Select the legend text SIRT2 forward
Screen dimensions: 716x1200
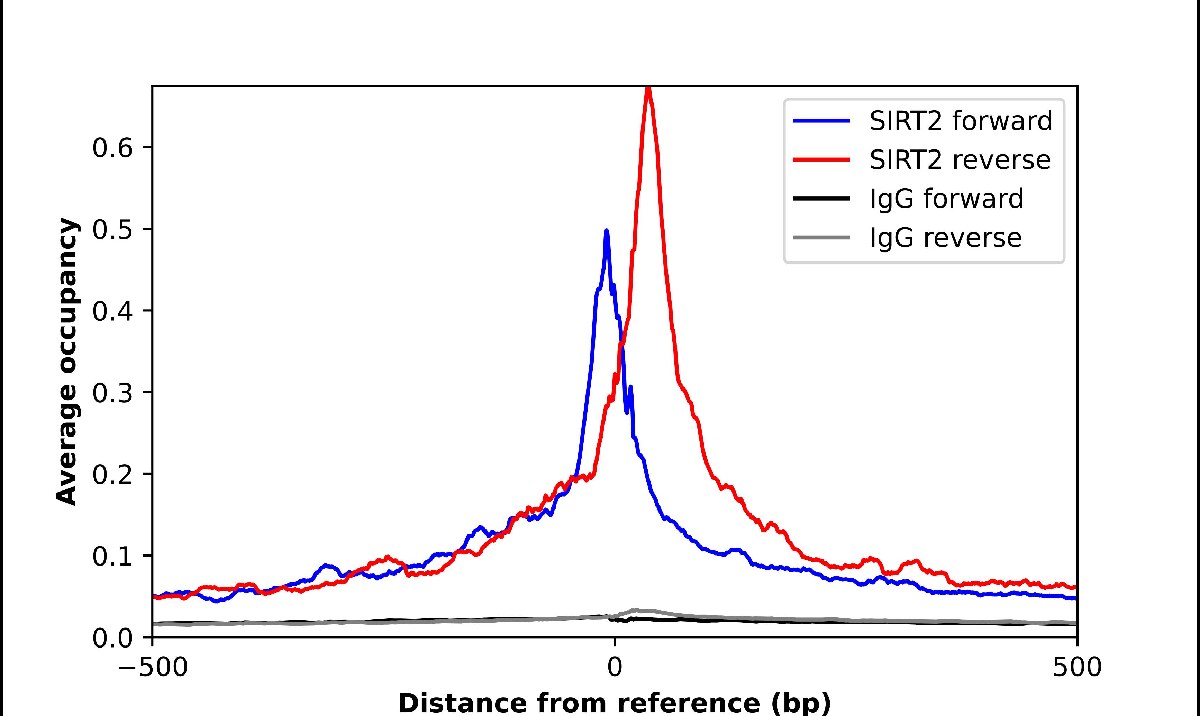(960, 121)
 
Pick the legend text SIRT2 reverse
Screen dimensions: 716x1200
(959, 160)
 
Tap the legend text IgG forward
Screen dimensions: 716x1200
(946, 199)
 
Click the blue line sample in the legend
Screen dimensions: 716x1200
(821, 121)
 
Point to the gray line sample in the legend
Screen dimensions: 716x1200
(821, 237)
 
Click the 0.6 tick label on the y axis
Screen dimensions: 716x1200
(112, 148)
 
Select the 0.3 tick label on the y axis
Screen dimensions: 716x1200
(112, 393)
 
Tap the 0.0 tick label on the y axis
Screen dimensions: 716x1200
(112, 638)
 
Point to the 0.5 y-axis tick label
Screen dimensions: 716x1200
(112, 230)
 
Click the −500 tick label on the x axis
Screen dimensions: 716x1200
(153, 667)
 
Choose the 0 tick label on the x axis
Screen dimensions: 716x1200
(614, 667)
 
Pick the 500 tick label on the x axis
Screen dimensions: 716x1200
(1076, 667)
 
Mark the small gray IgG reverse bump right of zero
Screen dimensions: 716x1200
(637, 611)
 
